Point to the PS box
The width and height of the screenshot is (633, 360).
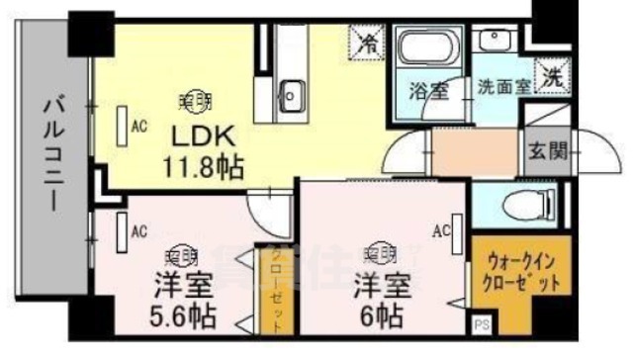tap(482, 323)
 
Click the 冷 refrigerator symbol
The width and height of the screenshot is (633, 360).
tap(367, 45)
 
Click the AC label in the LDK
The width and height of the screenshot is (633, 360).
tap(138, 125)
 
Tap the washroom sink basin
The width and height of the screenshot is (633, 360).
tap(492, 41)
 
